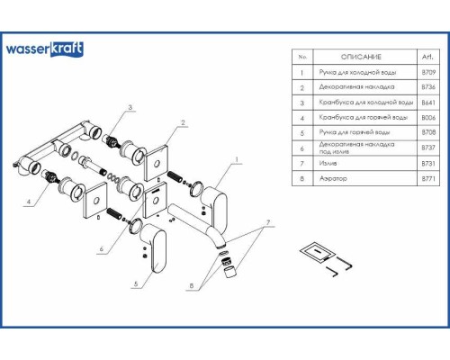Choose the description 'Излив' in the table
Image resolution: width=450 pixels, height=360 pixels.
click(328, 165)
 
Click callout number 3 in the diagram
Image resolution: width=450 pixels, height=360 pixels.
click(130, 108)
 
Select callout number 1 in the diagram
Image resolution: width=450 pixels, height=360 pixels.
click(236, 160)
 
